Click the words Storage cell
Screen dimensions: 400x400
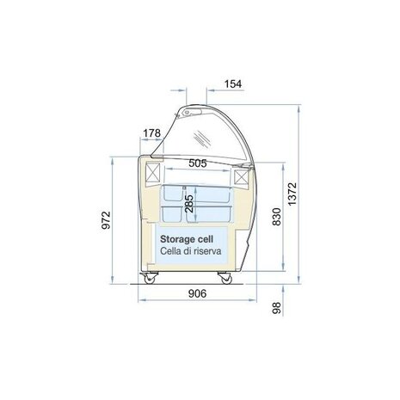coord(190,237)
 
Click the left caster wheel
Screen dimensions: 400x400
coord(154,278)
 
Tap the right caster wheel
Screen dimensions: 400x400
coord(226,278)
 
